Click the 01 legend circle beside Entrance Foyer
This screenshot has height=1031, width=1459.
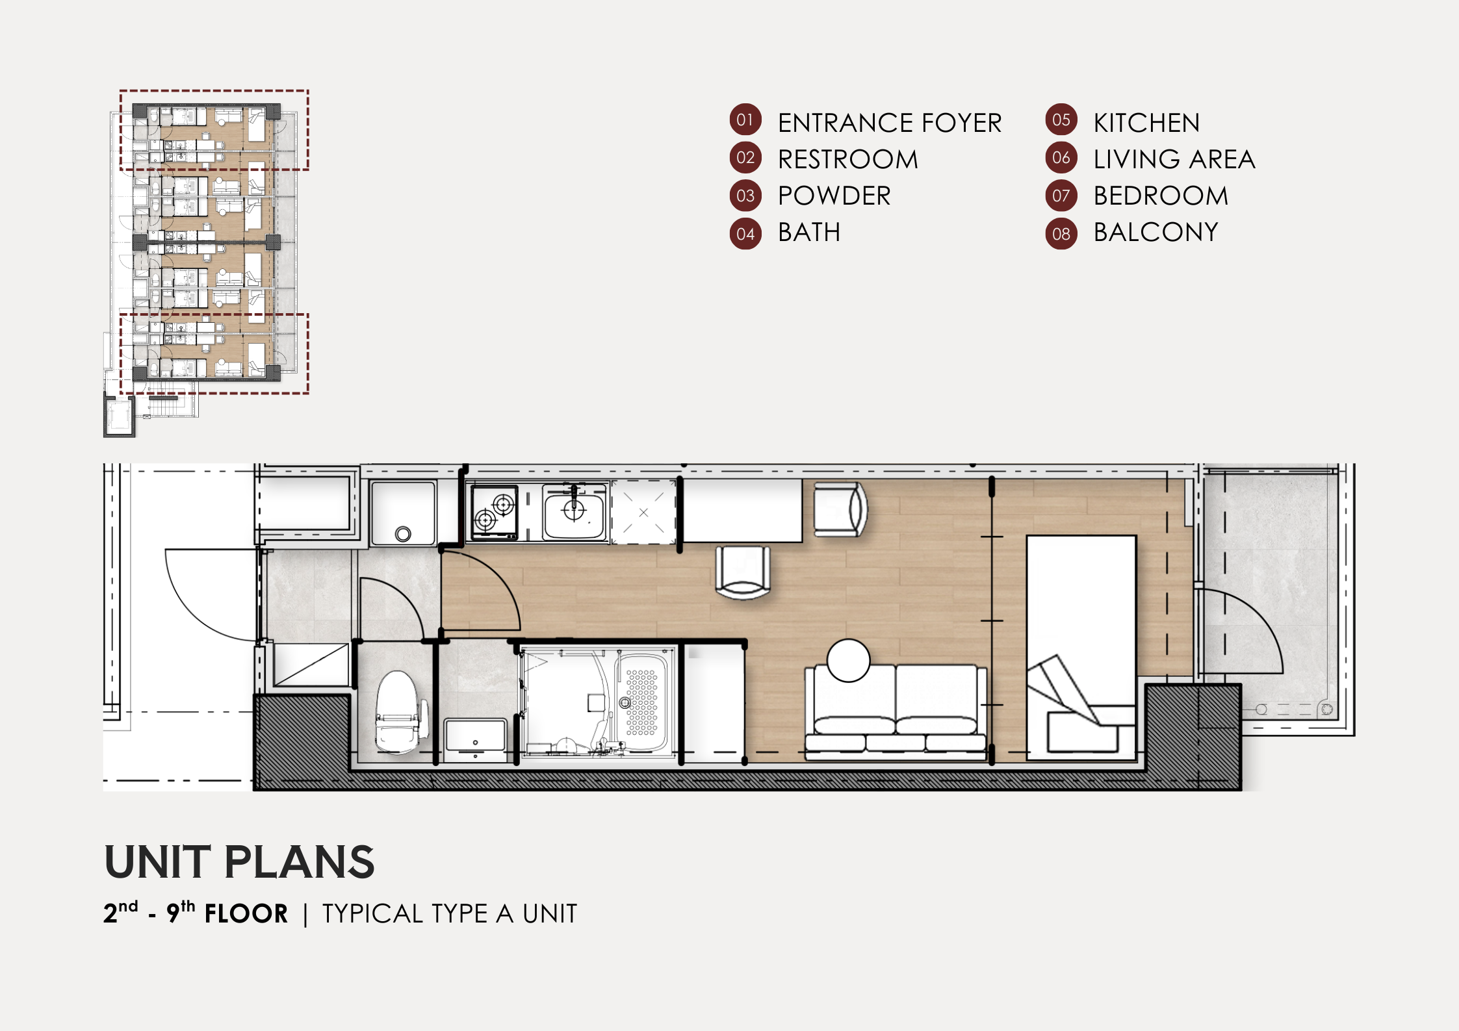pos(745,120)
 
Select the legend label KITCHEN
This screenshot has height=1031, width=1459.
pos(1146,123)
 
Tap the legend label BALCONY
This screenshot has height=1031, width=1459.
pos(1156,232)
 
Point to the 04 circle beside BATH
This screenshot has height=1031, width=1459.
pos(745,234)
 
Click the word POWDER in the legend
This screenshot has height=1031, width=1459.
pos(834,196)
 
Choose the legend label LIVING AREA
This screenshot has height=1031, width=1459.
pos(1174,159)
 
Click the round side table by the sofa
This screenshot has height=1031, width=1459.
pos(848,660)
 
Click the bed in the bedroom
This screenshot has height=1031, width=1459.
pos(1081,647)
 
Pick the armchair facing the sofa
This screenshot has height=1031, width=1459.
pos(743,572)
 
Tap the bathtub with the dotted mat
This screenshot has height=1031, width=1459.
pos(639,702)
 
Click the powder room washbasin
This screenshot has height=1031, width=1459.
pos(475,736)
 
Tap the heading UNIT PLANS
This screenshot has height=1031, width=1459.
pos(239,861)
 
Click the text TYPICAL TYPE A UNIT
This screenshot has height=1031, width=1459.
pos(450,913)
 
